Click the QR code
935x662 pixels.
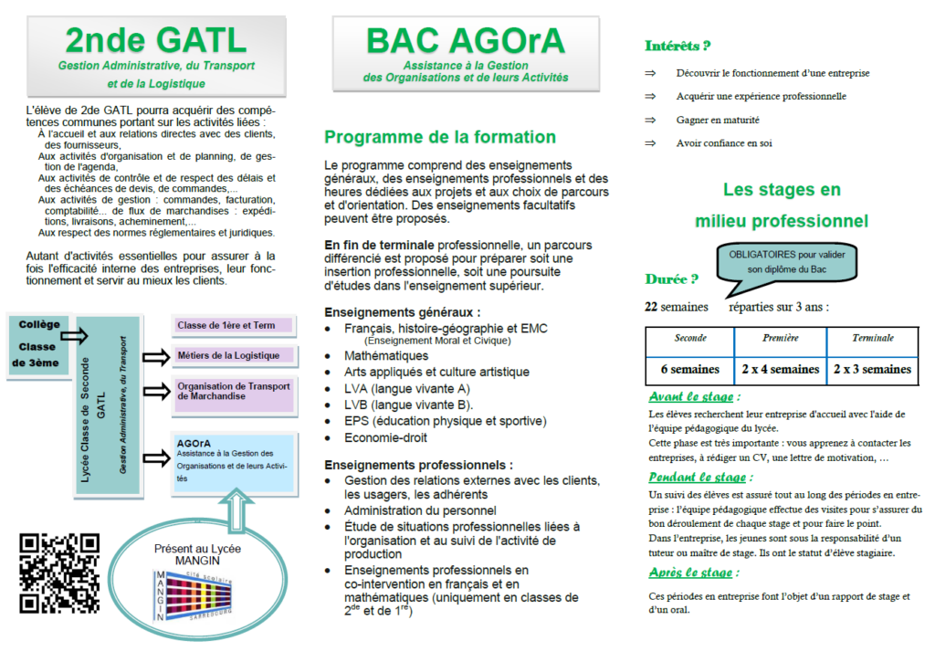point(59,573)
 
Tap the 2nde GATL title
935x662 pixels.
point(156,40)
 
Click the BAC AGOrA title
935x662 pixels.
point(465,41)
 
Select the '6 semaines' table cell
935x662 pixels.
point(690,370)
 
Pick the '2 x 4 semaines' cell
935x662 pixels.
point(780,370)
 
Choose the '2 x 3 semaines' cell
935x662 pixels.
point(872,370)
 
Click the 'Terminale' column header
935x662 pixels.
point(872,339)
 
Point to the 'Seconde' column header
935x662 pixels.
point(690,339)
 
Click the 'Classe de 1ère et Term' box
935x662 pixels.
point(234,325)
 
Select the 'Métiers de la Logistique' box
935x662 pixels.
point(234,355)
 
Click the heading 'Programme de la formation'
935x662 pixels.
point(440,138)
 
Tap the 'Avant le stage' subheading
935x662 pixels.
point(693,397)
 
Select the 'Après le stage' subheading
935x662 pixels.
point(693,573)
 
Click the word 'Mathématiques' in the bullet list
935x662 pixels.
point(386,355)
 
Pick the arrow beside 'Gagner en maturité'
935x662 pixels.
point(651,120)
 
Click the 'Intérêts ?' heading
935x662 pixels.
point(678,46)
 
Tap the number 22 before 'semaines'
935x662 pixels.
point(652,307)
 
